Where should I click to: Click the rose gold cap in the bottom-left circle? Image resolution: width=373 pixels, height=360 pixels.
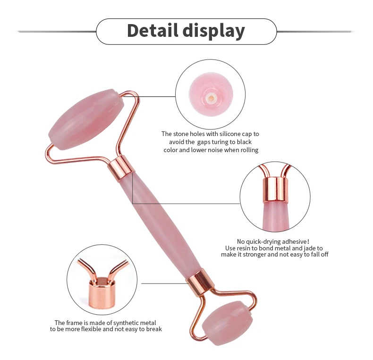click(101, 293)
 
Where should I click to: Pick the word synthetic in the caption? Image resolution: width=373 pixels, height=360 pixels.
click(127, 323)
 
